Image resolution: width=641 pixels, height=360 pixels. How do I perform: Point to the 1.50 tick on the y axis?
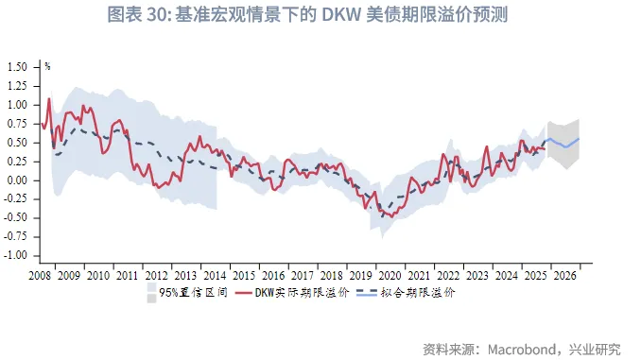click(18, 67)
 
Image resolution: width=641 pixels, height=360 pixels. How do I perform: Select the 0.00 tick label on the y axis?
click(18, 180)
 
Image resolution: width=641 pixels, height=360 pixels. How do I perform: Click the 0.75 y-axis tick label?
click(18, 124)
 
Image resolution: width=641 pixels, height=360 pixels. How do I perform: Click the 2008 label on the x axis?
click(40, 275)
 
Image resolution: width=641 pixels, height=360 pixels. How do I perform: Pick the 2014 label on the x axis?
click(215, 275)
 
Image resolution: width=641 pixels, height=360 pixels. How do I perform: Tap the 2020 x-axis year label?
click(390, 275)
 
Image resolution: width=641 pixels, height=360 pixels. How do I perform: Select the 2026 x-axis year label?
click(564, 275)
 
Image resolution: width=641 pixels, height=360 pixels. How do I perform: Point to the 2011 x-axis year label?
click(127, 275)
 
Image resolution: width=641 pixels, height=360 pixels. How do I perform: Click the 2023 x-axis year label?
click(477, 275)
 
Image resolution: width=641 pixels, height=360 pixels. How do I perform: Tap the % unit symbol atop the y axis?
click(47, 66)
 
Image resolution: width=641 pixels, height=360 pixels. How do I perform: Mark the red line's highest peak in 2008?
click(49, 98)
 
